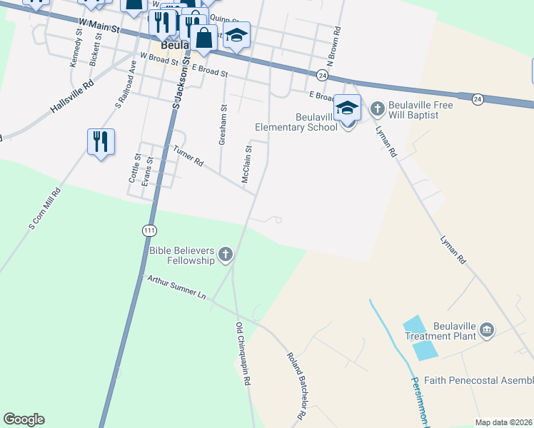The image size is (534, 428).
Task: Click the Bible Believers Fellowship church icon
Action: pos(226,253)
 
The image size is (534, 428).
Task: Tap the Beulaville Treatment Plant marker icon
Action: pos(487,329)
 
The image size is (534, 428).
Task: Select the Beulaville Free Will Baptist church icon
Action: pos(377,109)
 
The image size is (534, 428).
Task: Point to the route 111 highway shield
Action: pos(148,230)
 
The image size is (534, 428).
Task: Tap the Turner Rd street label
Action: pos(188,157)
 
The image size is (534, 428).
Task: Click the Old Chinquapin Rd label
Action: pos(243,354)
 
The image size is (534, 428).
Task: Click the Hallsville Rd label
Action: pos(72,98)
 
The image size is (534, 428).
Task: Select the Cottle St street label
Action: pos(133,168)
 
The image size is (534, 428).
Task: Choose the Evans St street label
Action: pos(147,171)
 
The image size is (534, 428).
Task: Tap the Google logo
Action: pos(24,419)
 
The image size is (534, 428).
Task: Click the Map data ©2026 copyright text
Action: pos(503,422)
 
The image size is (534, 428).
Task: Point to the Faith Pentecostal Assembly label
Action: pos(478,380)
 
